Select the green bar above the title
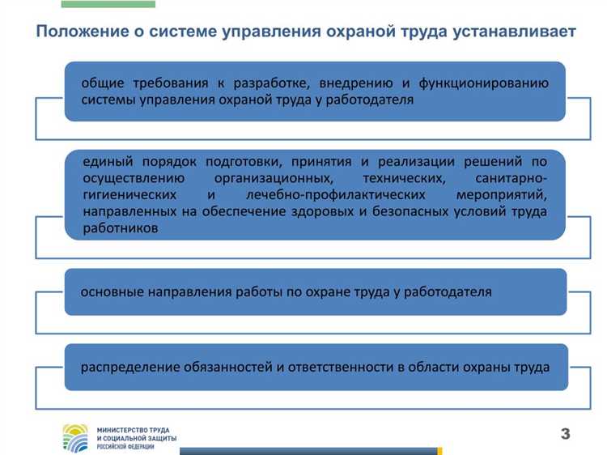coord(108,4)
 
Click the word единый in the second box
coord(106,161)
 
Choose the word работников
coord(121,229)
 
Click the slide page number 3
coord(565,434)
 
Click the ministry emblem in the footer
coord(76,437)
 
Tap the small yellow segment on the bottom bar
coord(439,451)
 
